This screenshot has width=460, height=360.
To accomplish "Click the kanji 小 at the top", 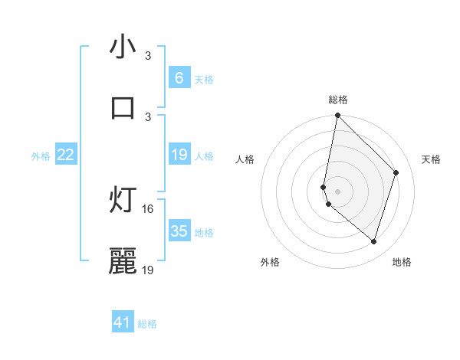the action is coord(123,48).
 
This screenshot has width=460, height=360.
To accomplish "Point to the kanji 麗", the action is coord(123,261).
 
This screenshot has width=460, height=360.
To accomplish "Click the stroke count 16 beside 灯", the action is coord(148,208).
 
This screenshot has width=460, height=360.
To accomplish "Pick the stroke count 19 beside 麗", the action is coord(148,269).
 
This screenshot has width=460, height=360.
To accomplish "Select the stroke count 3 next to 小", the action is coord(148,56).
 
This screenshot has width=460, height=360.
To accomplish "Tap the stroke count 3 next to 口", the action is coord(148,116).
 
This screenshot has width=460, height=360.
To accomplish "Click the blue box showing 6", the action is coord(179,77).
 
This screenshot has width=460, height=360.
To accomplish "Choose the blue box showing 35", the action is coord(179,231).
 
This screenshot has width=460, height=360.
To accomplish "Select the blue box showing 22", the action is coord(65,155).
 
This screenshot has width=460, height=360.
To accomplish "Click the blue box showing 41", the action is coord(123,322).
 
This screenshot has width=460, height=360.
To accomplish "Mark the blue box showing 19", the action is coord(179,155).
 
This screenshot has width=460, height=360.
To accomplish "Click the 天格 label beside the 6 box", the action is coord(204,79).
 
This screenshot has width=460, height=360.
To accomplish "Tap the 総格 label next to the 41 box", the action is coord(147,324).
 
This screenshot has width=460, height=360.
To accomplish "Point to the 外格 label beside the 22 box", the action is coord(41,156).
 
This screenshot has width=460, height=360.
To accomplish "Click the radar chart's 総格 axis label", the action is coord(338,100).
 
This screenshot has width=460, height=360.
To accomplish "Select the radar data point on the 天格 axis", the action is coord(396,172).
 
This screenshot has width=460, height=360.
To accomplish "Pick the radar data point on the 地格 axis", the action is coord(373,241).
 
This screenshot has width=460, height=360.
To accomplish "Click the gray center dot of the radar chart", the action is coord(338,191).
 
